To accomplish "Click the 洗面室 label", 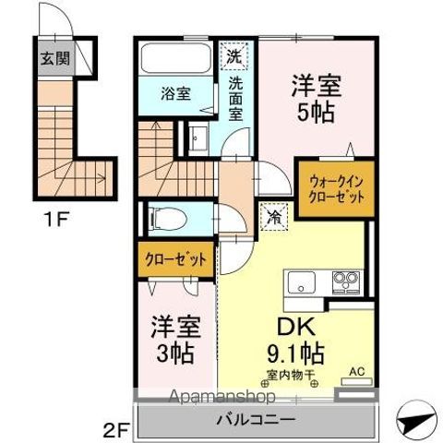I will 235,95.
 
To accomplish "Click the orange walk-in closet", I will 334,188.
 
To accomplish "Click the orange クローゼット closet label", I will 175,258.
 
